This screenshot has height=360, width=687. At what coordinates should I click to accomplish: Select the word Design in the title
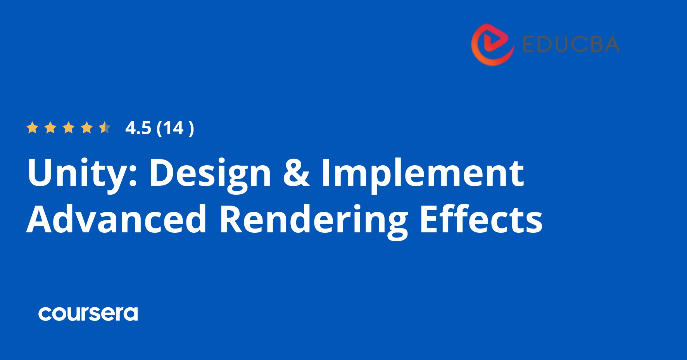(210, 173)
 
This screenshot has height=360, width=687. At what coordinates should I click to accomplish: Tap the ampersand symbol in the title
(296, 173)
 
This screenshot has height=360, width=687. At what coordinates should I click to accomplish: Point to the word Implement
(423, 173)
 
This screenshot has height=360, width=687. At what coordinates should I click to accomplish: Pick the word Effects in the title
(481, 220)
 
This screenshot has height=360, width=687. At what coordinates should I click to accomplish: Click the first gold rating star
(32, 128)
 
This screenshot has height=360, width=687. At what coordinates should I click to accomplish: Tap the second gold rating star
(50, 128)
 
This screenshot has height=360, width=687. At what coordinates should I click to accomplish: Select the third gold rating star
(69, 128)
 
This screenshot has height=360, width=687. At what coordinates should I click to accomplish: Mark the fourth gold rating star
(87, 128)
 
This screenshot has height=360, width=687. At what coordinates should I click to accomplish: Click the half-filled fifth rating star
(105, 128)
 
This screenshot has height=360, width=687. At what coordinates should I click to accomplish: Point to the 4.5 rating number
(138, 128)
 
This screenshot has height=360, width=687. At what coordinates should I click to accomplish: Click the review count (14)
(175, 128)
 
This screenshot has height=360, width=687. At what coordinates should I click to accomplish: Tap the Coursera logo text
(88, 313)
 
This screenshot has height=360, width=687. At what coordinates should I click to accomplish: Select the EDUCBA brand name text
(571, 44)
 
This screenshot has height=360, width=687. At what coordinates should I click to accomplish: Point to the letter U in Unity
(41, 173)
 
